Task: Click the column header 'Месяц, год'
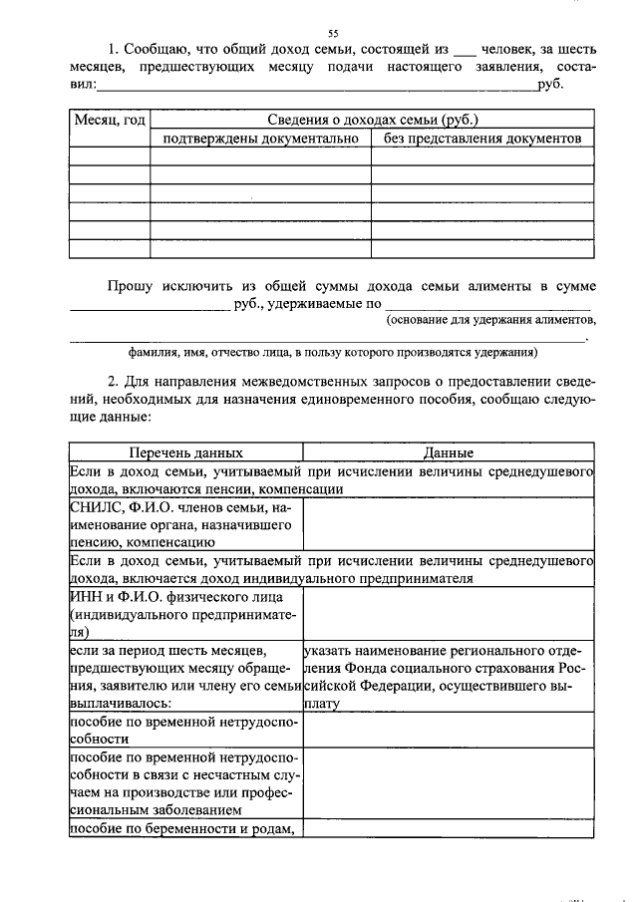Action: coord(110,121)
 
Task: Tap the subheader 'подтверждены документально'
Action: coord(260,140)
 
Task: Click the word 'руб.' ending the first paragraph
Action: coord(551,87)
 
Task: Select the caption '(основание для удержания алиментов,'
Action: coord(491,320)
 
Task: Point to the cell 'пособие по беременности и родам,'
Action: coord(184,829)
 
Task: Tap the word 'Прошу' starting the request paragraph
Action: coord(130,286)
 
